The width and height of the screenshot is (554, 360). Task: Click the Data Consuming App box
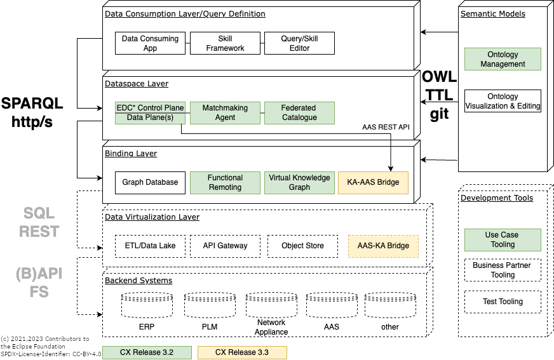tap(151, 43)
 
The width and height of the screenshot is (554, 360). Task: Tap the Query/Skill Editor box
tap(299, 43)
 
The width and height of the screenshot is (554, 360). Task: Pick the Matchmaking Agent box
tap(225, 113)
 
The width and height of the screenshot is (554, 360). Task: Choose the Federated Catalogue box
tap(299, 113)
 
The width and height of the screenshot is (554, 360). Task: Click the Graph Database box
tap(151, 182)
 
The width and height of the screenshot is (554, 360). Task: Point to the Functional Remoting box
tap(225, 182)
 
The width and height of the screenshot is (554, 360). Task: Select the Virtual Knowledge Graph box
tap(299, 182)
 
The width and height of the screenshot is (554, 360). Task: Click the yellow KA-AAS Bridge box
tap(373, 182)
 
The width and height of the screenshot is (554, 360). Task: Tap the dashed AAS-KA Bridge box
tap(383, 246)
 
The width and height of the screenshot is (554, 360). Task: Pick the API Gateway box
tap(225, 246)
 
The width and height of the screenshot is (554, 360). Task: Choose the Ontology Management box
tap(503, 59)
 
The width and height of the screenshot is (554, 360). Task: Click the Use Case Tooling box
tap(503, 239)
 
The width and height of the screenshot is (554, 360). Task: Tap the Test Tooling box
tap(503, 302)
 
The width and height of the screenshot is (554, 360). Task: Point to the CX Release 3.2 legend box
tap(147, 352)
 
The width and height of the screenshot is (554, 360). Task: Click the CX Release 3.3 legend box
tap(242, 352)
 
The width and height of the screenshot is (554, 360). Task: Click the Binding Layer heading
tap(131, 154)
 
